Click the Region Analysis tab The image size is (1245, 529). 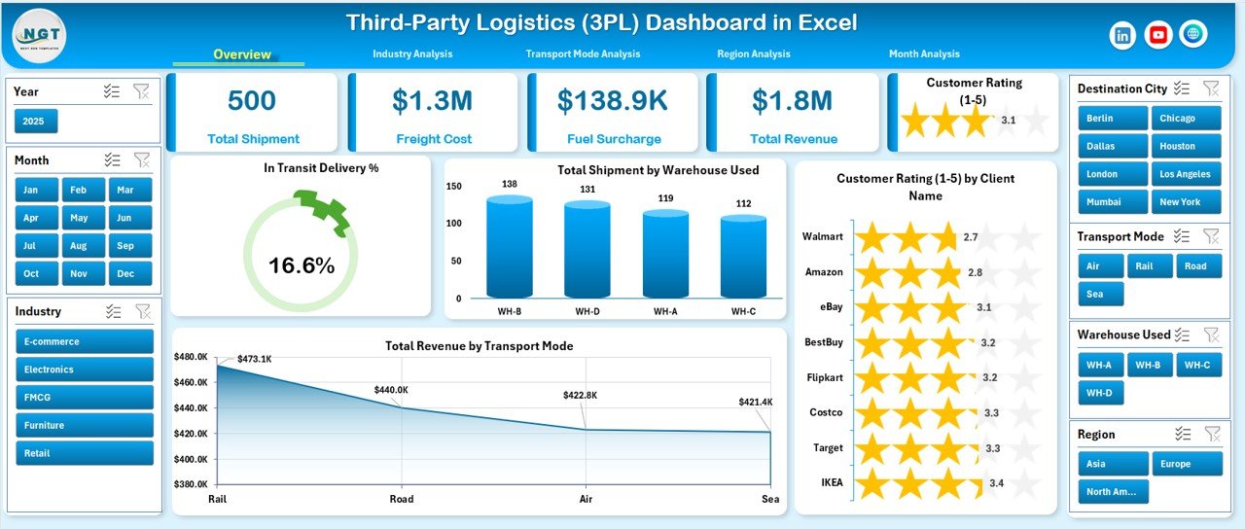click(x=753, y=54)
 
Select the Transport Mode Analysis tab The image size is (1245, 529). click(x=583, y=54)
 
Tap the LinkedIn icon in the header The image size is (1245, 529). click(x=1123, y=35)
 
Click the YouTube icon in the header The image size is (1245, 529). click(x=1157, y=35)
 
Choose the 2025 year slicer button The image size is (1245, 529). click(x=36, y=122)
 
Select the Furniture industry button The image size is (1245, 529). click(x=85, y=425)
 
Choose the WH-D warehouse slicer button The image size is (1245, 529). click(x=1100, y=393)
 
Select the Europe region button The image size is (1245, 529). click(x=1187, y=464)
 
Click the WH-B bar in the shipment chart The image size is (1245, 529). click(x=510, y=248)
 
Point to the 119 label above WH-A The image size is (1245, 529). click(x=665, y=198)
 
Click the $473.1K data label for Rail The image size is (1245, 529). click(x=253, y=359)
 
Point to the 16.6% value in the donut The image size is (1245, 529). click(x=302, y=265)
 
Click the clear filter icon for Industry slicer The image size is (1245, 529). click(x=142, y=311)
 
